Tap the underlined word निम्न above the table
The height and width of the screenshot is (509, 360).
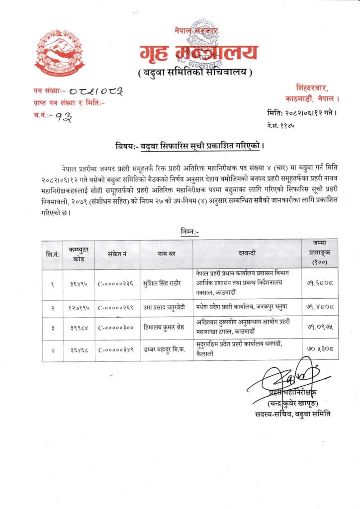point(189,231)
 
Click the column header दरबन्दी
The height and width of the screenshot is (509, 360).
point(247,253)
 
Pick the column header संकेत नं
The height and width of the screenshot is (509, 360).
point(117,254)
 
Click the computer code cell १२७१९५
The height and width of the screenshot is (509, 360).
point(79,308)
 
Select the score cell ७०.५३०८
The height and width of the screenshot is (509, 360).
point(320,349)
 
